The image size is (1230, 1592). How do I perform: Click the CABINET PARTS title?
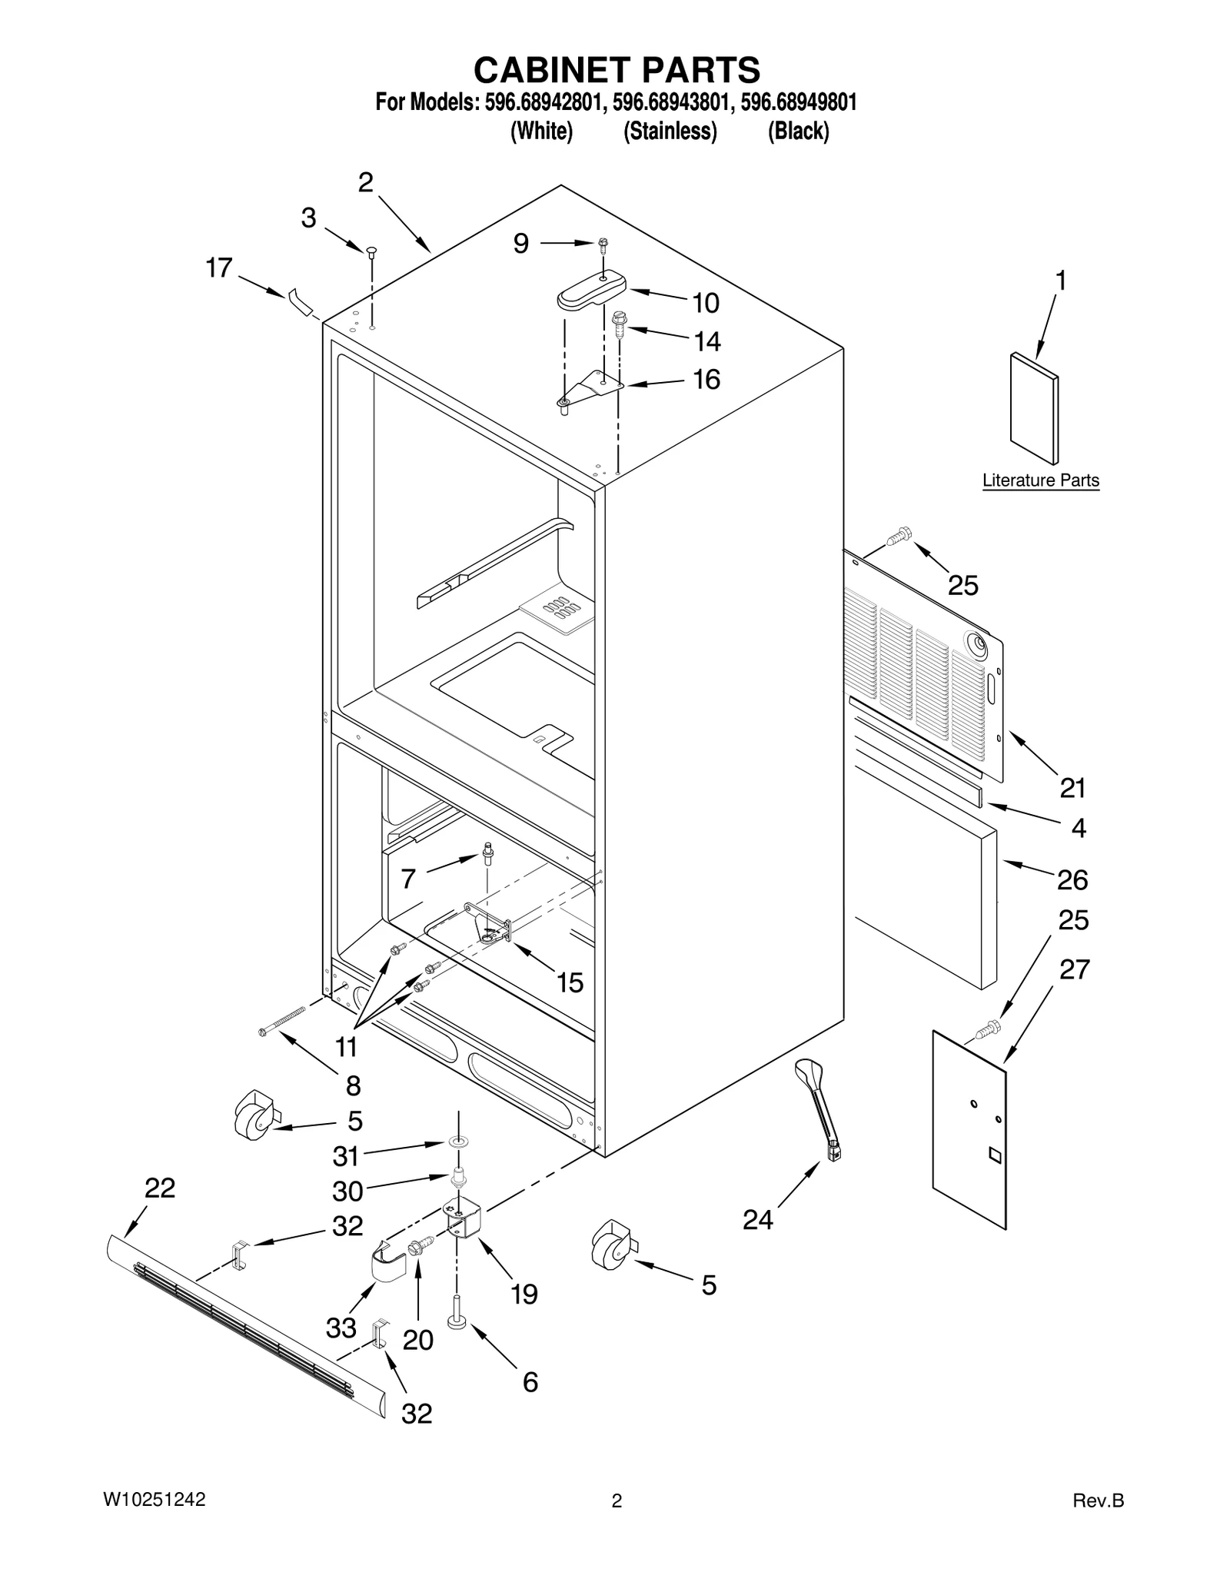tap(617, 70)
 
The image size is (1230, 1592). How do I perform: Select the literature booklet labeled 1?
tap(1033, 409)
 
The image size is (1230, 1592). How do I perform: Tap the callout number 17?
tap(219, 268)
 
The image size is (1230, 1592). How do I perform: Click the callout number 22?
tap(160, 1188)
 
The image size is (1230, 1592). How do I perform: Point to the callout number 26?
tap(1072, 879)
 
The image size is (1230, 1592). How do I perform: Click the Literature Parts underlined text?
tap(1041, 480)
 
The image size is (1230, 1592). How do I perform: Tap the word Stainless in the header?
tap(670, 132)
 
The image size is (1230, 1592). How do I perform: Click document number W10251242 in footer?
tap(155, 1500)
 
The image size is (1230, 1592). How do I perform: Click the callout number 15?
tap(570, 982)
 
